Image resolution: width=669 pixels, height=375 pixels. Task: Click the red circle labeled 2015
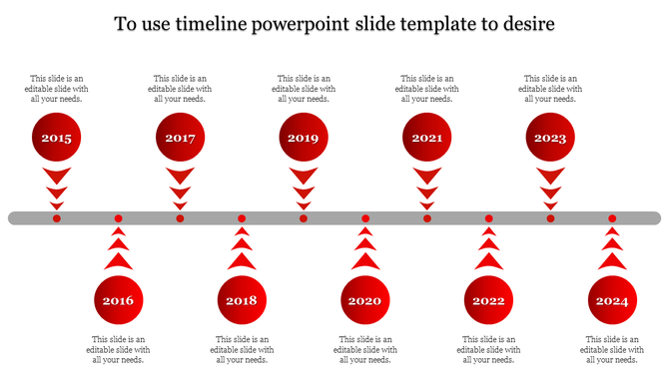57,138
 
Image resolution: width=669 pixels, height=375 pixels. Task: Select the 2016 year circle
118,299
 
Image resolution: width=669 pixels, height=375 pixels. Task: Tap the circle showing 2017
181,138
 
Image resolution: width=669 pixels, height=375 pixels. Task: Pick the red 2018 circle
242,299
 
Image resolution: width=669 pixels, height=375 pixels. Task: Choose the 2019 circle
304,138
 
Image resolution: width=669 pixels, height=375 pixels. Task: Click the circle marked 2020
365,299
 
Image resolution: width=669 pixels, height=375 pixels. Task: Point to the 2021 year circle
427,138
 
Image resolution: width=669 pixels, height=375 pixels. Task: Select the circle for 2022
489,299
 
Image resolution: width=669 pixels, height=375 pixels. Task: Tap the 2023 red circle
550,138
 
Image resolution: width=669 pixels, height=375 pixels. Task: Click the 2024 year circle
612,299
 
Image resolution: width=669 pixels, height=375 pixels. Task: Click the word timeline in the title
217,23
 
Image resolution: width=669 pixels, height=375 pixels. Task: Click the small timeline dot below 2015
57,218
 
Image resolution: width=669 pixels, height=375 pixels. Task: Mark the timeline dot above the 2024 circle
612,218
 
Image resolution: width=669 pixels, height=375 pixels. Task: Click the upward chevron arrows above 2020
365,250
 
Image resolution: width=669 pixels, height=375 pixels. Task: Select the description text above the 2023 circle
550,89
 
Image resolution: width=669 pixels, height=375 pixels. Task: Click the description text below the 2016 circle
118,349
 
